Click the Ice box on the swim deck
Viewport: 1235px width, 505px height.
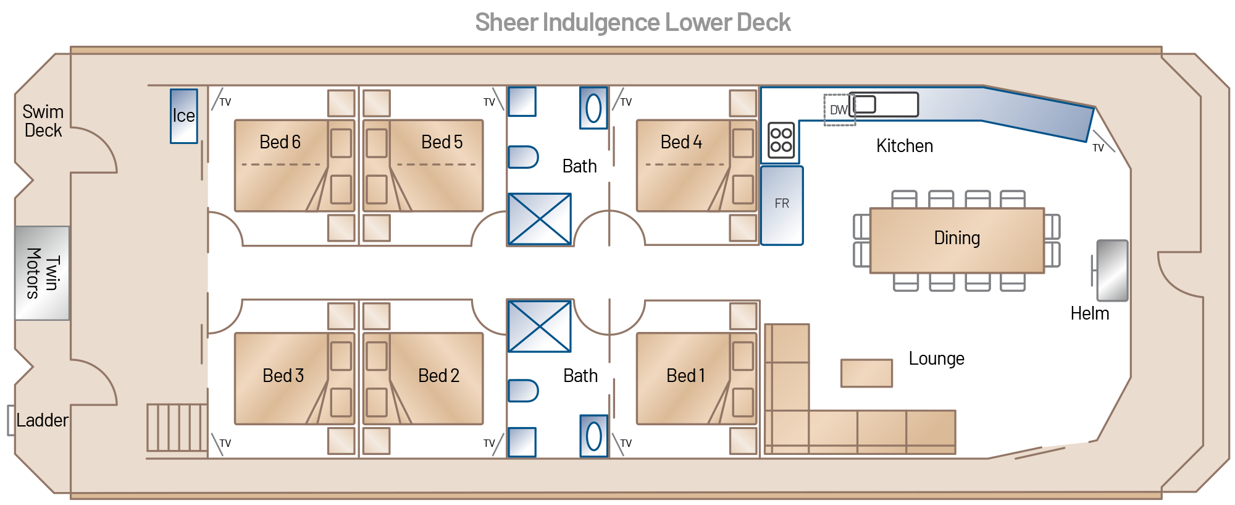tap(184, 116)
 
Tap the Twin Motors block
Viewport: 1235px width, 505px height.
tap(42, 273)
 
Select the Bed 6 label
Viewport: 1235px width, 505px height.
tap(280, 142)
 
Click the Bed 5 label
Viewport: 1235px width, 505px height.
tap(442, 142)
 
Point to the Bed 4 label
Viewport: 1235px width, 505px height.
tap(681, 142)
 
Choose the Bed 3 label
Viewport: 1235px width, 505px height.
tap(283, 376)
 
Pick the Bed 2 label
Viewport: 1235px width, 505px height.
tap(438, 376)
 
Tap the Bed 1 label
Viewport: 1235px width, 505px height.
tap(685, 376)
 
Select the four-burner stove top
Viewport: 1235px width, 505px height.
tap(781, 140)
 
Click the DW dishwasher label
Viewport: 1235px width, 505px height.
tap(838, 110)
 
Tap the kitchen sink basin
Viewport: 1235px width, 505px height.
tap(865, 104)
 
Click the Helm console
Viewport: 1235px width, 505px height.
tap(1112, 271)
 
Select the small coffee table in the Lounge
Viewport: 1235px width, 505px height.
tap(866, 373)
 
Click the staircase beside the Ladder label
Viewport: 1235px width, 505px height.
tap(177, 427)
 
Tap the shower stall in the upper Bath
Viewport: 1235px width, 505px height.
tap(539, 219)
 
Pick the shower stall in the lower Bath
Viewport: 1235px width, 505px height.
tap(539, 326)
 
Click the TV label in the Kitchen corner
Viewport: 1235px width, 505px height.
tap(1098, 148)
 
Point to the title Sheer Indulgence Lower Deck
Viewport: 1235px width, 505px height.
tap(632, 23)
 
